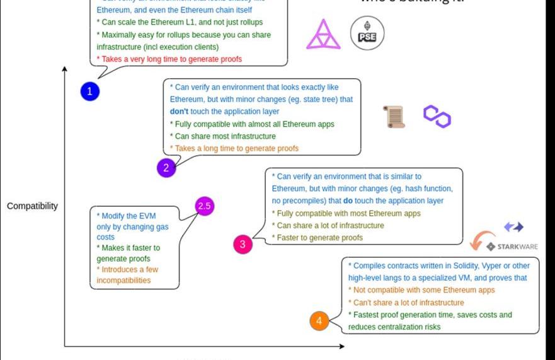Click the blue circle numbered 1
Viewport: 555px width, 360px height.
point(89,91)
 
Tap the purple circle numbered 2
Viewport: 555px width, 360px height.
point(166,167)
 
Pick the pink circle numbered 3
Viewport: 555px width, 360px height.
point(243,244)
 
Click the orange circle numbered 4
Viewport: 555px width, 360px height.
point(319,321)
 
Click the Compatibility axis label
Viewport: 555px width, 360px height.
point(32,206)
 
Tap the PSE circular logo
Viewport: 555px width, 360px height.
point(367,34)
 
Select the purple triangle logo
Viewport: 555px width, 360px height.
point(323,34)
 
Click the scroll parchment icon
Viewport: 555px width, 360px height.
point(394,117)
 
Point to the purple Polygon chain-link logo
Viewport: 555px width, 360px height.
point(437,116)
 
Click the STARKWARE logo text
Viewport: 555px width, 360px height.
point(517,246)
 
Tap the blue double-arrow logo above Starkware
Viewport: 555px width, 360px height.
point(513,227)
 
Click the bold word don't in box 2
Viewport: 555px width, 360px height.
point(180,112)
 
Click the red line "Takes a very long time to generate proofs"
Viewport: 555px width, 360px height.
point(169,59)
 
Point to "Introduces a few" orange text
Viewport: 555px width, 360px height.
point(127,269)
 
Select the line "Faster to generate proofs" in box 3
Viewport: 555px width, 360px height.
point(318,238)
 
